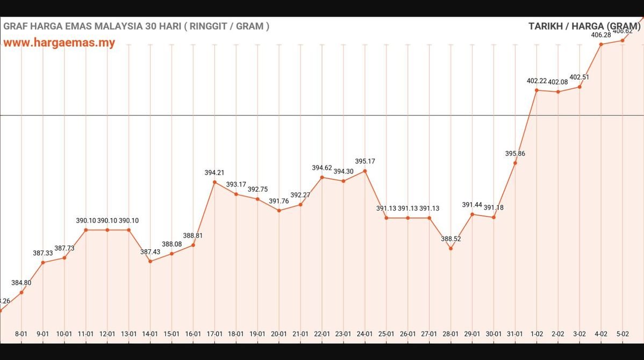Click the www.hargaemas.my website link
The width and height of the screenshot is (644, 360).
pos(59,42)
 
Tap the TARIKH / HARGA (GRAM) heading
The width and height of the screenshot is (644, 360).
pos(585,26)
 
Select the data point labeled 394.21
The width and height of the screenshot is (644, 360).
pos(214,182)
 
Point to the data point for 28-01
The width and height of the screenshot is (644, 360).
pos(451,248)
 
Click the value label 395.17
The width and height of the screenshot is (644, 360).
pos(365,161)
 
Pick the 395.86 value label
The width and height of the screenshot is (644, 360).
pos(515,153)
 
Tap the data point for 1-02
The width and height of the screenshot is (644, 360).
pos(536,90)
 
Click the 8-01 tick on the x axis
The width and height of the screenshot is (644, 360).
pos(21,334)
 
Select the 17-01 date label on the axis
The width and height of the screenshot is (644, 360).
pos(214,334)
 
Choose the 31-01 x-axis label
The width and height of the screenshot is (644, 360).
pos(515,334)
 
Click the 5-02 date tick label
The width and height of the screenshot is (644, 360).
pos(622,334)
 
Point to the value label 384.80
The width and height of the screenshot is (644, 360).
pos(21,283)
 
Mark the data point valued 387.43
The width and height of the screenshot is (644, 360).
pos(150,261)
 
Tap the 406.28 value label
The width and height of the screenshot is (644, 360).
pos(601,35)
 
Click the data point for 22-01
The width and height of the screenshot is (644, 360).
pos(322,177)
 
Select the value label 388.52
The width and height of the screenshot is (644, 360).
pos(451,239)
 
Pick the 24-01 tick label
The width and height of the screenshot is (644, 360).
pos(365,334)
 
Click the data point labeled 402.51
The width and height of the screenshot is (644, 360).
pos(579,87)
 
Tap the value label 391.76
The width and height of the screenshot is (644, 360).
pos(279,201)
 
